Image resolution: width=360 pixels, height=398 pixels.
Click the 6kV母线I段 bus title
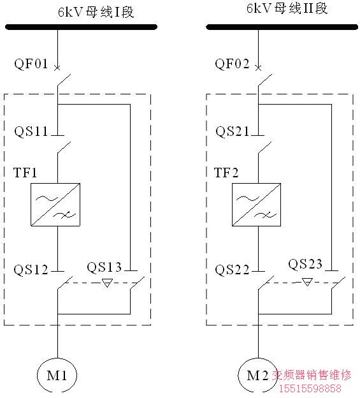(x=96, y=12)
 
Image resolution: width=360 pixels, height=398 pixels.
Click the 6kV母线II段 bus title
(x=287, y=8)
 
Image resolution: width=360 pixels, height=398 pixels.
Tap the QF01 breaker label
(x=31, y=63)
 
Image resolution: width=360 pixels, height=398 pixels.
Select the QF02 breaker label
(x=232, y=63)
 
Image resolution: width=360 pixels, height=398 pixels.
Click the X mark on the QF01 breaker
(x=57, y=68)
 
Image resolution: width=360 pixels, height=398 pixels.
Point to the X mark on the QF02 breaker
(x=258, y=68)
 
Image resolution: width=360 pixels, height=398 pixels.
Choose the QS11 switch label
(x=31, y=131)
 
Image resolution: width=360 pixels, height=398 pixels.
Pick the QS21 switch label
(x=232, y=131)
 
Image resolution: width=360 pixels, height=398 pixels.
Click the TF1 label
(x=25, y=173)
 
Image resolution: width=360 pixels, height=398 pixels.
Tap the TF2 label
(x=226, y=173)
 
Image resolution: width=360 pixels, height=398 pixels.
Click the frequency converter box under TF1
(x=55, y=204)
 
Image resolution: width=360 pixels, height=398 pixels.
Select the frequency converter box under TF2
(x=257, y=204)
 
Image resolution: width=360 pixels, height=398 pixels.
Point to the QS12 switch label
(x=31, y=270)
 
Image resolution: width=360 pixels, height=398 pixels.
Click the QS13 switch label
(x=104, y=267)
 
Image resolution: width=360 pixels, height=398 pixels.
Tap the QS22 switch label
(x=232, y=270)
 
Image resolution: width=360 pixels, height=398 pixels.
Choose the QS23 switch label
(x=305, y=264)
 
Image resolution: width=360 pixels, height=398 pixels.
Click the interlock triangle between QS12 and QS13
(x=107, y=283)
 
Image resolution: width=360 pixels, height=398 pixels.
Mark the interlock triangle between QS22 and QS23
(x=307, y=282)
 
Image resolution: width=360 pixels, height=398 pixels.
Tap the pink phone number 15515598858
(x=310, y=388)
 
